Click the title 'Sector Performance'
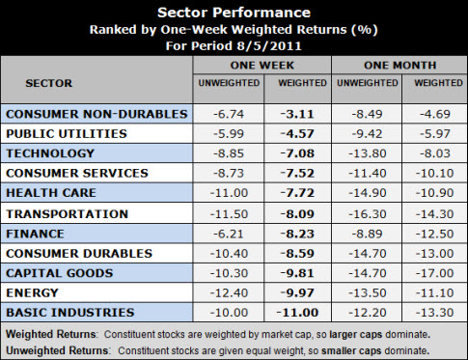(234, 14)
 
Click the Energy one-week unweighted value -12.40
(228, 292)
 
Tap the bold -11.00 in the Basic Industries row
(294, 313)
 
